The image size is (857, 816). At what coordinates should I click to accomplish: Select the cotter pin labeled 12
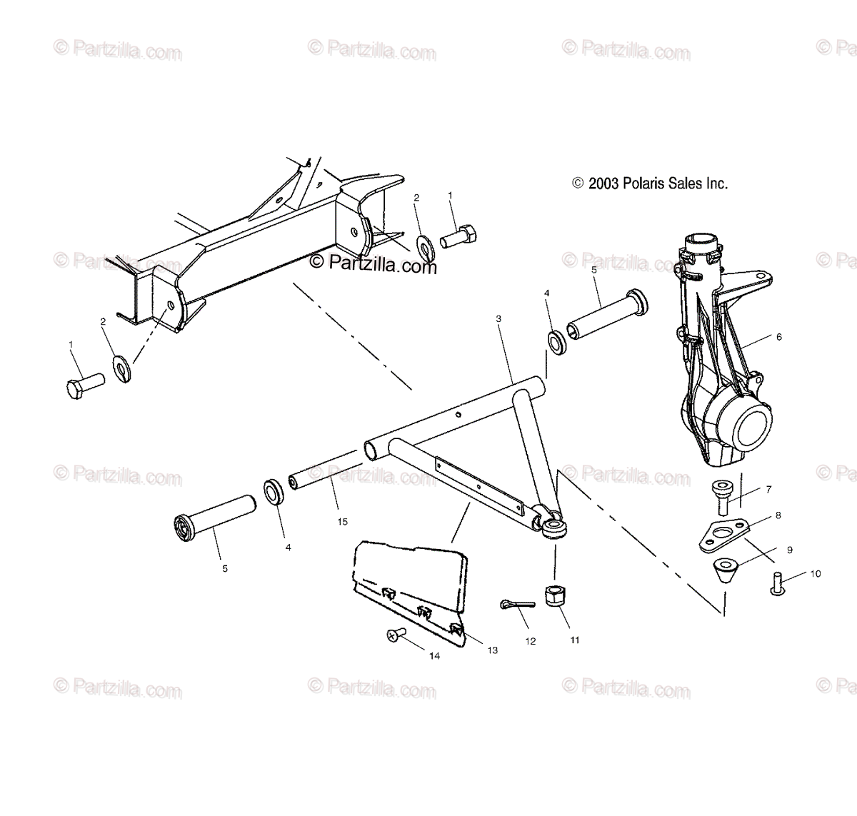516,604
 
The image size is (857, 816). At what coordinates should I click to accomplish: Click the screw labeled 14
396,633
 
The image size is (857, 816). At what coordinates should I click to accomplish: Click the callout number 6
779,337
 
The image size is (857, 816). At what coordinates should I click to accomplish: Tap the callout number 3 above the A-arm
499,320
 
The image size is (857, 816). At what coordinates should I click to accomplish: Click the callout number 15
343,522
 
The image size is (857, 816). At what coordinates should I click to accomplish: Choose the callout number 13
493,650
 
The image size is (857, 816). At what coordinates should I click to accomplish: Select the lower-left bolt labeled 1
84,384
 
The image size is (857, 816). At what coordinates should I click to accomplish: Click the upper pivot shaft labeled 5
607,314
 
